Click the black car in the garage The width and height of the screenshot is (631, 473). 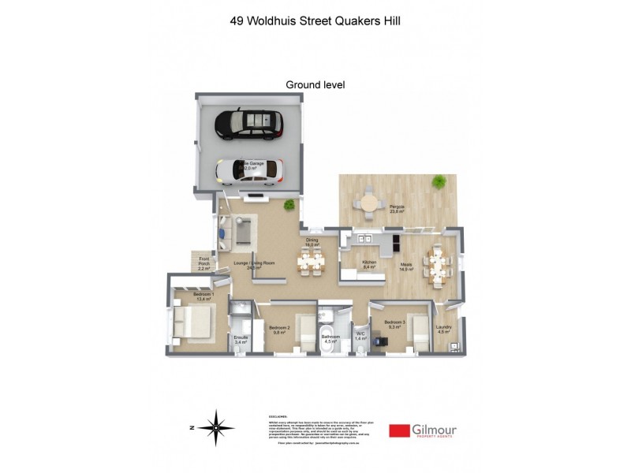(247, 124)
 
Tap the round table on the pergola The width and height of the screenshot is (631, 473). (368, 203)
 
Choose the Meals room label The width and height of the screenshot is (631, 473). (407, 266)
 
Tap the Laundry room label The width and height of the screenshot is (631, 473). (443, 329)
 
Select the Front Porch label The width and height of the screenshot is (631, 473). (204, 263)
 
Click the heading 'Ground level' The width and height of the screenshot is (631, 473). (315, 84)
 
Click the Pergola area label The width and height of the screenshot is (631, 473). (397, 209)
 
